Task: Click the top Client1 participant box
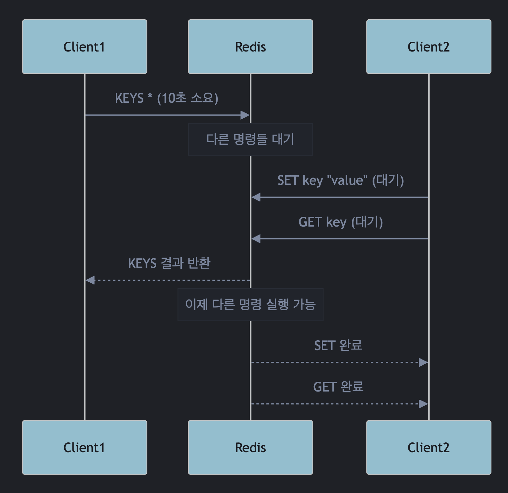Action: coord(85,47)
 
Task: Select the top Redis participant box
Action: coord(250,47)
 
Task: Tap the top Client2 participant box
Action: coord(429,47)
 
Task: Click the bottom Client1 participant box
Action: coord(85,447)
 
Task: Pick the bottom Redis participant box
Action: coord(250,447)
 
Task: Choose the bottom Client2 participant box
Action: coord(429,447)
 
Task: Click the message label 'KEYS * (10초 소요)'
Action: coord(167,98)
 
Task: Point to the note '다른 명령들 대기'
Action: coord(250,139)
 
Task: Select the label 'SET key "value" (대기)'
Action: coord(340,180)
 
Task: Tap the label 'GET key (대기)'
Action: coord(340,222)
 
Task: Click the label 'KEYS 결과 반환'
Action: coord(169,263)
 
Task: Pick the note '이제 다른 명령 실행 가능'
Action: coord(250,304)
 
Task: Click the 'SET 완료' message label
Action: coord(338,345)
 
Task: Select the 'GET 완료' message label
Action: coord(338,387)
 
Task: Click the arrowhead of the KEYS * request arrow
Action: coord(245,115)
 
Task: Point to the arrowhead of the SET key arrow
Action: coord(256,197)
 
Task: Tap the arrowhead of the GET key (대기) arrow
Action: coord(256,239)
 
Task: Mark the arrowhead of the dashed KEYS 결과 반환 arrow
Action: coord(90,280)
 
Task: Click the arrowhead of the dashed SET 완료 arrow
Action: coord(423,362)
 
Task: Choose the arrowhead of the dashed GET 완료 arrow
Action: coord(423,404)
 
